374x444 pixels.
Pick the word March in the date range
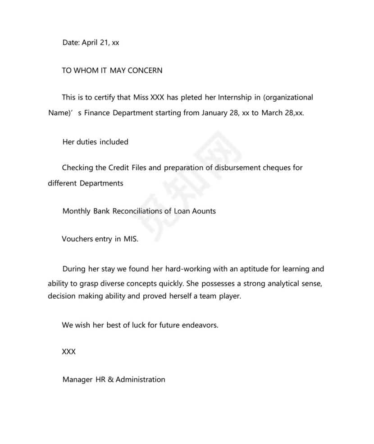coord(272,113)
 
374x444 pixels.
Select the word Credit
coord(119,168)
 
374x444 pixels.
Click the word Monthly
coord(77,211)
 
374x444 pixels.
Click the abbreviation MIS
coord(131,239)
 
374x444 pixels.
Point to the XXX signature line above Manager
coord(68,352)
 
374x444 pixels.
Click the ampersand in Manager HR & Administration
coord(110,380)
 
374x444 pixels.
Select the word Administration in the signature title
coord(140,380)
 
